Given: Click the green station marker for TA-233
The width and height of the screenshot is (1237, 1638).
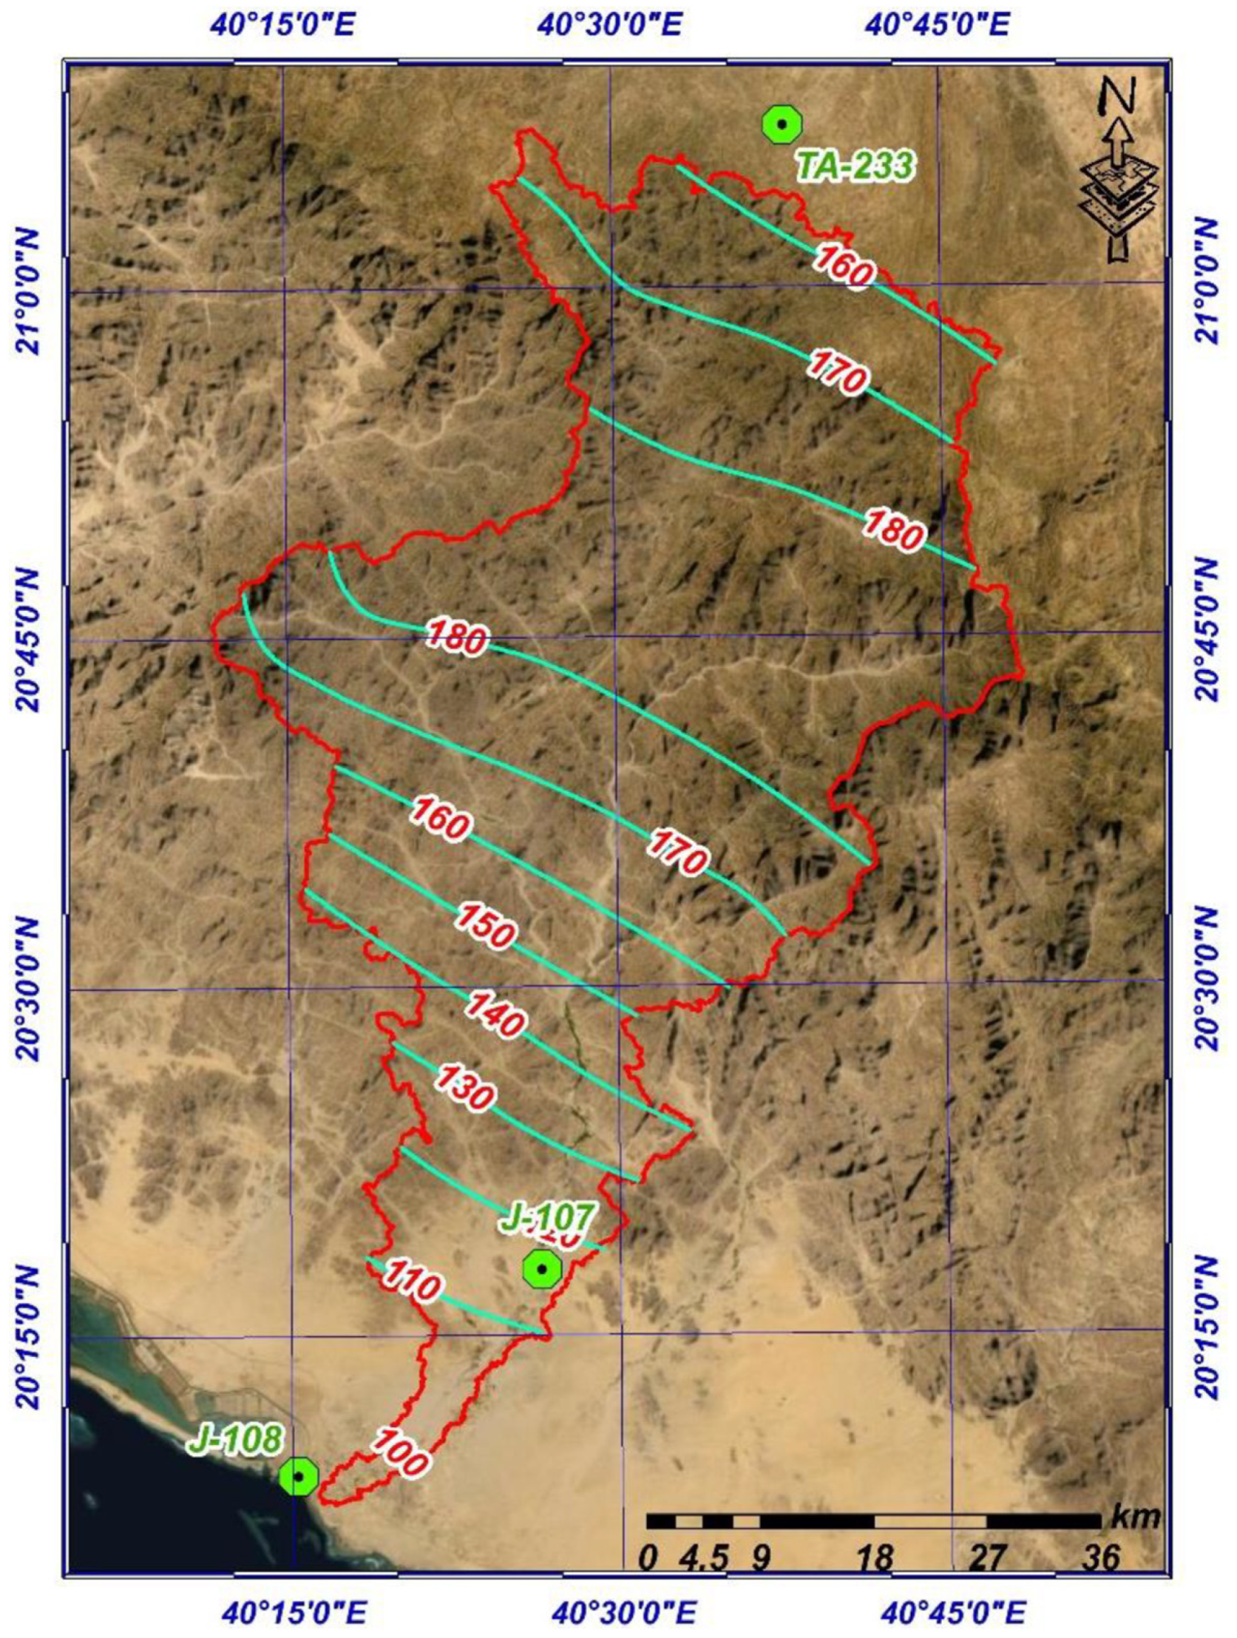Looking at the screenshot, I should tap(782, 124).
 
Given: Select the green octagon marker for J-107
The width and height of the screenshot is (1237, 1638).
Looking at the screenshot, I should tap(542, 1269).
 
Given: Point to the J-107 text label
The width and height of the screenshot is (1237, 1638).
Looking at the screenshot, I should tap(547, 1216).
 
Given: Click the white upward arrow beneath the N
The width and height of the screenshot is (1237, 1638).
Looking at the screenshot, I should tap(1119, 140).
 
